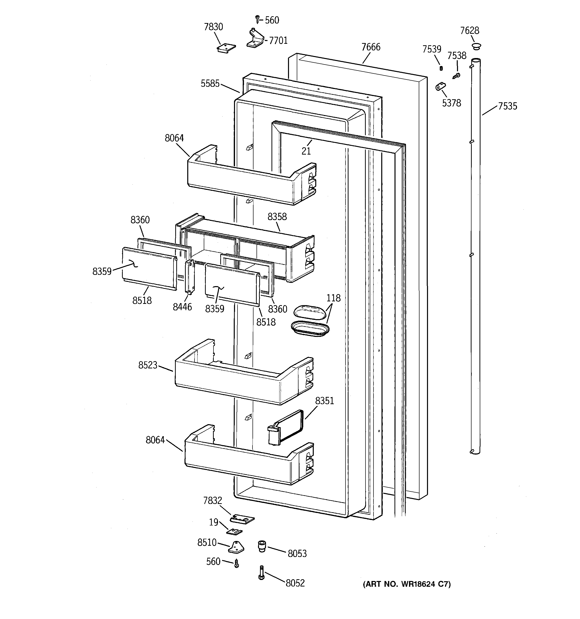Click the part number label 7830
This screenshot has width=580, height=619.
click(213, 27)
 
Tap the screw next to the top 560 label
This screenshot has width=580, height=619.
click(257, 19)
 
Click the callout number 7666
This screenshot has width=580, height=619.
click(370, 47)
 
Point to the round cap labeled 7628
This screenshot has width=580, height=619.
click(476, 47)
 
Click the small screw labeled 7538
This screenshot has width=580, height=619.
click(457, 75)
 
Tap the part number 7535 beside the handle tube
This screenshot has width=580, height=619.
click(507, 106)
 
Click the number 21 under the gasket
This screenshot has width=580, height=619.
click(306, 151)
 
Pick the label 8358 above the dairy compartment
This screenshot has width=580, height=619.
click(277, 217)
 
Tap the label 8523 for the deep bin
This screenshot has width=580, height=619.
click(148, 365)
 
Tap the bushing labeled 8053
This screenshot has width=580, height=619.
click(261, 546)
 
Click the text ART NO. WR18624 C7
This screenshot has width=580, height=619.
click(406, 584)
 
